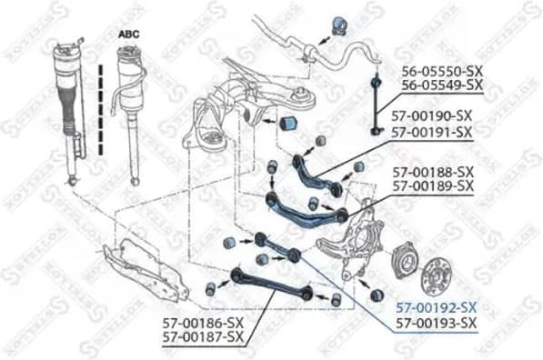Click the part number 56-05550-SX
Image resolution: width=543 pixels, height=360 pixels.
(439, 69)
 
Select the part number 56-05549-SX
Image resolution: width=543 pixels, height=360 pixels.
(439, 85)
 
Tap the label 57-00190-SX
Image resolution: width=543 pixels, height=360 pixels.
(432, 117)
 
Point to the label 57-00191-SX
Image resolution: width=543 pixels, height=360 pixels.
(432, 133)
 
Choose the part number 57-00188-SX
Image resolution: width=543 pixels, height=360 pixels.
(433, 171)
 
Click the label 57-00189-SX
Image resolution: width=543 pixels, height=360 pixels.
(433, 186)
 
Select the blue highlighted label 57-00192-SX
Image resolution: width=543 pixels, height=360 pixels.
(436, 308)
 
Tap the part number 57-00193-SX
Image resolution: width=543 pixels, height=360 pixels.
(436, 324)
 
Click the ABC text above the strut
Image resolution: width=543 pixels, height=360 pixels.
(131, 34)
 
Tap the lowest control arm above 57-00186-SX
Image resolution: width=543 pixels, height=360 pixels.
(268, 282)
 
